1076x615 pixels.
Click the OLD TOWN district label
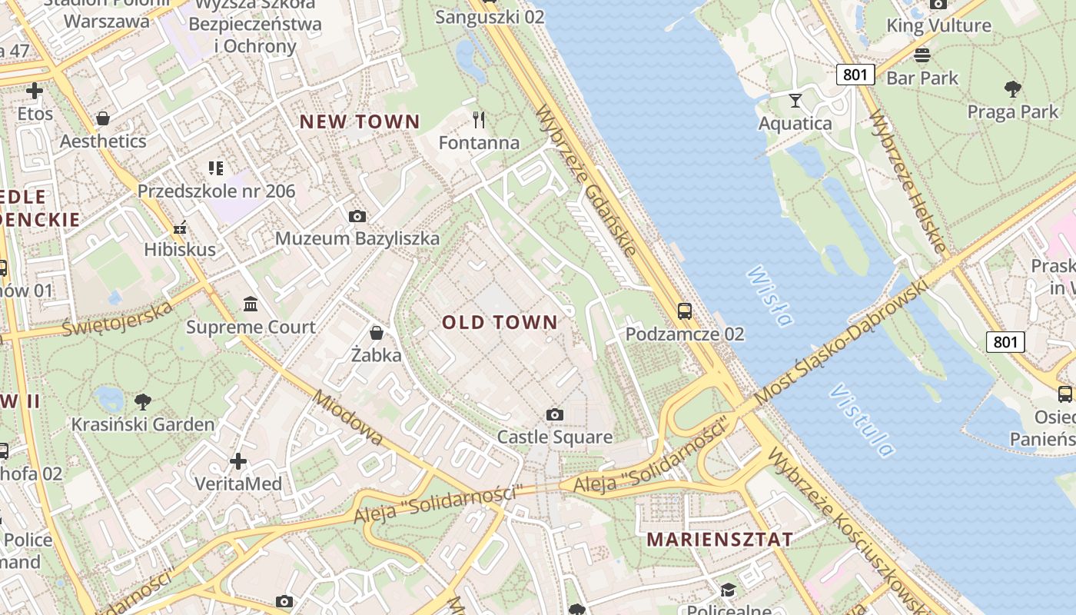[x=500, y=322]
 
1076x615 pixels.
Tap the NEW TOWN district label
[x=360, y=121]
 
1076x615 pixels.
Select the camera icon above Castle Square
[x=554, y=415]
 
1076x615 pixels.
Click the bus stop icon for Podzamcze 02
[x=684, y=311]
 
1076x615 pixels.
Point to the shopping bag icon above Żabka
[x=377, y=333]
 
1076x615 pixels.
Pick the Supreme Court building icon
[x=251, y=304]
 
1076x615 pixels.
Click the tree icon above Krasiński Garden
[x=142, y=401]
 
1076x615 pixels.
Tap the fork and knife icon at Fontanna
[x=479, y=119]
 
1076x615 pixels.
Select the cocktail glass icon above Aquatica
[x=795, y=101]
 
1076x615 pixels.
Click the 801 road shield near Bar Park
[x=856, y=74]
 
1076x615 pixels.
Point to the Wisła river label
[x=769, y=296]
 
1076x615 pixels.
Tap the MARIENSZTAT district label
[x=719, y=539]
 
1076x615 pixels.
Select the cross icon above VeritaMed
[x=238, y=461]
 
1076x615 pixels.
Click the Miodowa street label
[x=348, y=419]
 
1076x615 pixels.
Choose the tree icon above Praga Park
[x=1012, y=89]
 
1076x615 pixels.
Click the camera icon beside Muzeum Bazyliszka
[x=357, y=217]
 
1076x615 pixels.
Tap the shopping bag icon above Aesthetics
[x=102, y=118]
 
